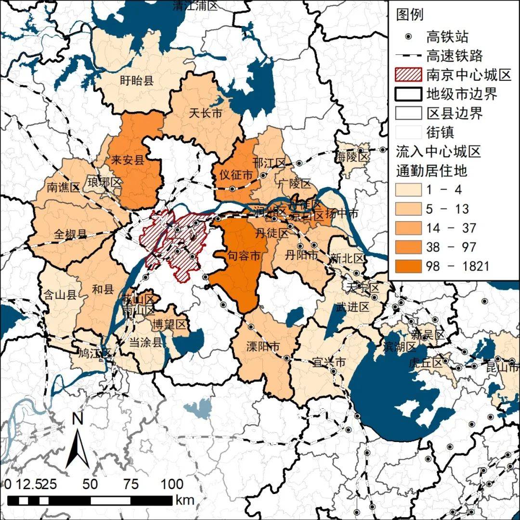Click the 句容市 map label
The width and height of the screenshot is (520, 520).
244,257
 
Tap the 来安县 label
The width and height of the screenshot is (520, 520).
128,160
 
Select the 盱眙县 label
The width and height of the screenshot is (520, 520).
136,80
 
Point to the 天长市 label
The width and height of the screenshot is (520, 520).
206,114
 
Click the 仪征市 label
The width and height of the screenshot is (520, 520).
235,174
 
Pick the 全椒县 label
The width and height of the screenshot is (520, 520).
70,234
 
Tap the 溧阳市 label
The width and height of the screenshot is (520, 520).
263,347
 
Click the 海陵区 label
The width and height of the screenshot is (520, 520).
352,157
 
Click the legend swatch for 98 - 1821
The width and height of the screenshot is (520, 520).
409,266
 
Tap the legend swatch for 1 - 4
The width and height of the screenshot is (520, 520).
409,190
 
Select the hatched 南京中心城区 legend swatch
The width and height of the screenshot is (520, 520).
409,75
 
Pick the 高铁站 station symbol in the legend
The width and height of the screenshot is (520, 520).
409,37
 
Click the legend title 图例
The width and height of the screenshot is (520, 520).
410,14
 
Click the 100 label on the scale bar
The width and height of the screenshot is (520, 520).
172,484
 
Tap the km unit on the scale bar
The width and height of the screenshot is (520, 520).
185,500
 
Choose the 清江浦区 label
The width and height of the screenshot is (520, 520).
195,5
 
